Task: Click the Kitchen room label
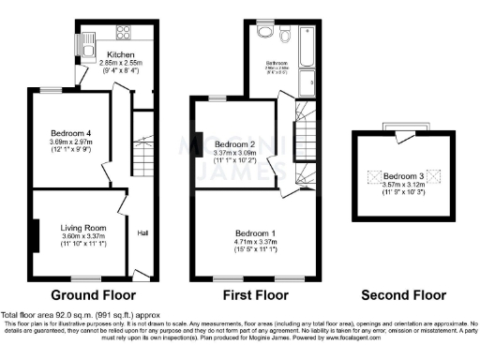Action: pyautogui.click(x=122, y=53)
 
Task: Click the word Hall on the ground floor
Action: pyautogui.click(x=143, y=232)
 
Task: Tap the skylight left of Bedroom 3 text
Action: pyautogui.click(x=373, y=175)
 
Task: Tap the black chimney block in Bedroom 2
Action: pyautogui.click(x=198, y=142)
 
